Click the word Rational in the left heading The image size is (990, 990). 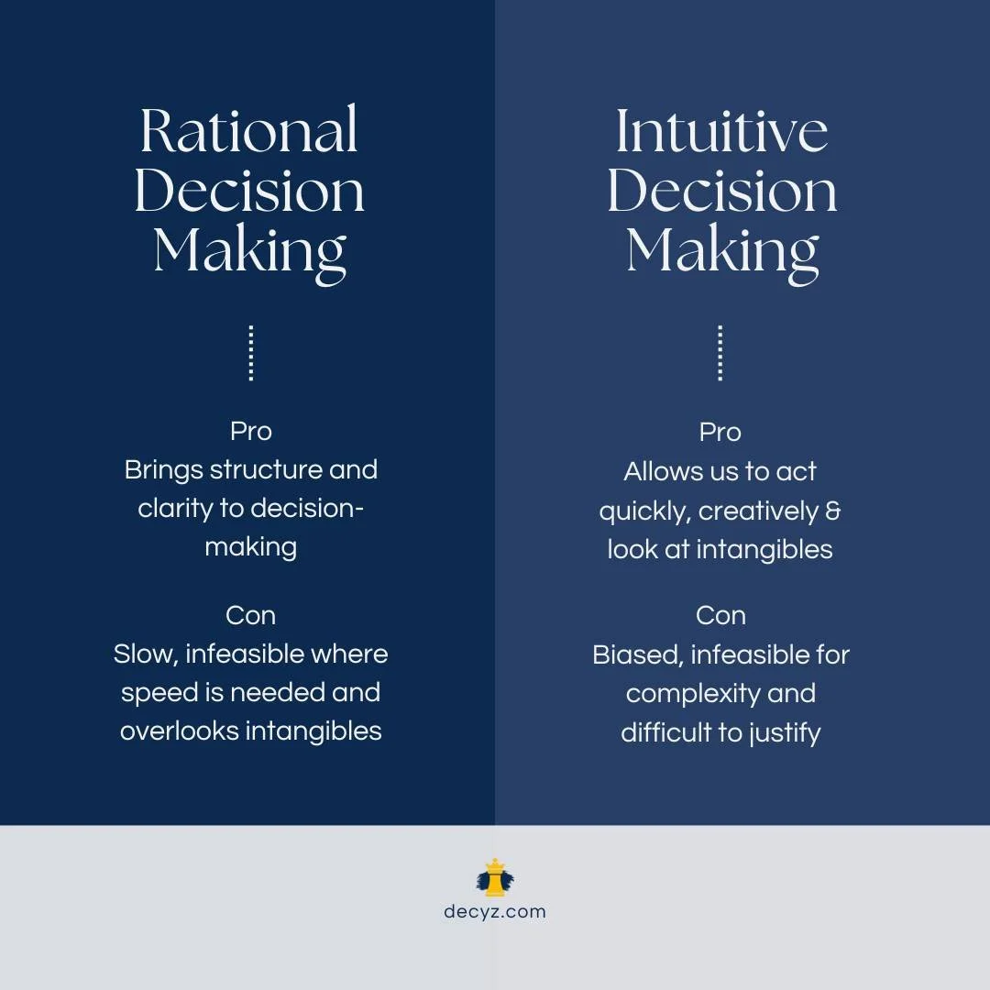(x=248, y=131)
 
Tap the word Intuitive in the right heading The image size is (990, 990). (x=721, y=131)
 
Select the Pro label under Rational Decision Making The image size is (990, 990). (x=250, y=431)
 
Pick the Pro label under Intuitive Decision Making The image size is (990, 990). (x=720, y=432)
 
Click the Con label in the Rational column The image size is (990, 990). (x=250, y=615)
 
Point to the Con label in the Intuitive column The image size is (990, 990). (x=720, y=615)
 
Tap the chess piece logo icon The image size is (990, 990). (x=495, y=878)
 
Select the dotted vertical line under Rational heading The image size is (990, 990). (x=250, y=353)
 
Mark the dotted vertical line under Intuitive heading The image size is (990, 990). (x=720, y=353)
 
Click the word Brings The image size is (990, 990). (x=163, y=470)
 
